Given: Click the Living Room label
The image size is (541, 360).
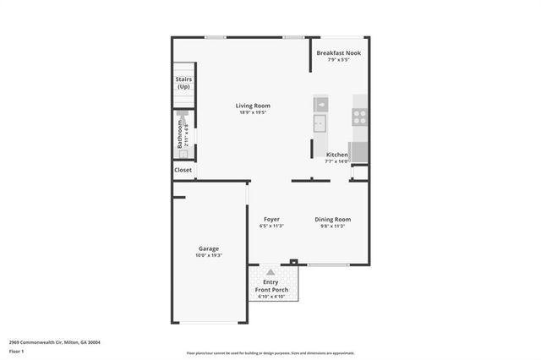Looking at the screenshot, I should click(x=253, y=106).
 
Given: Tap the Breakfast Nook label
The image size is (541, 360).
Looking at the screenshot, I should click(x=339, y=53).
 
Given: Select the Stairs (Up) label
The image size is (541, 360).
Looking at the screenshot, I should click(x=183, y=83).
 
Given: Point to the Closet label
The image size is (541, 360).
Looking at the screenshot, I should click(x=183, y=170).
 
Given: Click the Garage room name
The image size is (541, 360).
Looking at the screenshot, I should click(x=209, y=248).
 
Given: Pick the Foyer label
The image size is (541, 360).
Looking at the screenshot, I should click(x=271, y=220).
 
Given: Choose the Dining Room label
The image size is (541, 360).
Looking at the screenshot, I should click(x=333, y=220).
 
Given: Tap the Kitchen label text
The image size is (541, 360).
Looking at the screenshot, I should click(x=337, y=155).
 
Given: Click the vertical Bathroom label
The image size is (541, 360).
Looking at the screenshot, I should click(x=179, y=134).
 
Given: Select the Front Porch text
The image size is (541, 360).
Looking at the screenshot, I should click(x=272, y=290).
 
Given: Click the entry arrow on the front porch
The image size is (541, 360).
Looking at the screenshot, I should click(x=271, y=272).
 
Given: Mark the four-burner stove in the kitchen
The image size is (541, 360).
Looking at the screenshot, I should click(x=360, y=117).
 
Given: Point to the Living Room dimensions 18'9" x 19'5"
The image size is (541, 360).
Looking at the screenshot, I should click(x=253, y=112).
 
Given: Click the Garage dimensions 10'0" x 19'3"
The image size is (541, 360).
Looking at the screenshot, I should click(x=209, y=254).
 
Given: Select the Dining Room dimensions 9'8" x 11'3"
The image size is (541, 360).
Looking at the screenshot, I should click(x=333, y=226).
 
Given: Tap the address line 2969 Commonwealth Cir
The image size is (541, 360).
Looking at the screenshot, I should click(x=55, y=342).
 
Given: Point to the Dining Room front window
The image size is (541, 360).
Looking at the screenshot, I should click(x=328, y=265).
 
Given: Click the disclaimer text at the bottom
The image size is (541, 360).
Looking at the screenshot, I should click(x=270, y=353).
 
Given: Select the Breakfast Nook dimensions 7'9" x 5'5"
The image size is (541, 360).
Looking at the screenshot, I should click(x=339, y=60).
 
